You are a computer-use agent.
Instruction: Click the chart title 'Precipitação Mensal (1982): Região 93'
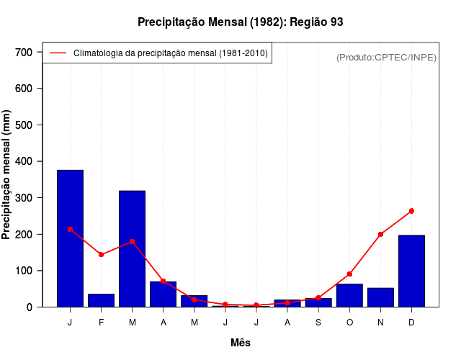(240, 22)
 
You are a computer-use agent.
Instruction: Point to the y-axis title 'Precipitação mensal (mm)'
(7, 179)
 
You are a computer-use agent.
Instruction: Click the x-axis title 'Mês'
(241, 343)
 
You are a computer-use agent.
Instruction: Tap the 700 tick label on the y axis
(24, 52)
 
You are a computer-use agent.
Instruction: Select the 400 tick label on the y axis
(24, 161)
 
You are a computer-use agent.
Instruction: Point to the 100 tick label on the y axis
(24, 271)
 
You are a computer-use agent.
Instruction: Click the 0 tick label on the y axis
(29, 307)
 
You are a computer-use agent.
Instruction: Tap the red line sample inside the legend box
(58, 53)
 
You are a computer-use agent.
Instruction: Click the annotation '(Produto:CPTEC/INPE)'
(386, 57)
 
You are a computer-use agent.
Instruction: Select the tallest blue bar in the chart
(70, 238)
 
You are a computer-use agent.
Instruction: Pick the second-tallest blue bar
(132, 248)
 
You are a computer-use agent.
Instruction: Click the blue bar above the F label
(101, 300)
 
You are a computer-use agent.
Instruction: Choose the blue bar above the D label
(411, 271)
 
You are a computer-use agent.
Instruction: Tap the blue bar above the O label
(349, 295)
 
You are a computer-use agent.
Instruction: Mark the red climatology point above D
(411, 211)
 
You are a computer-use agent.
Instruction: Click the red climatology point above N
(380, 234)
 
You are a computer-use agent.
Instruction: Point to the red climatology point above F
(101, 255)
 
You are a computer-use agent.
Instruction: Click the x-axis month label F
(101, 323)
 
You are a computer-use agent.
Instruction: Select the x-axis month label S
(318, 323)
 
